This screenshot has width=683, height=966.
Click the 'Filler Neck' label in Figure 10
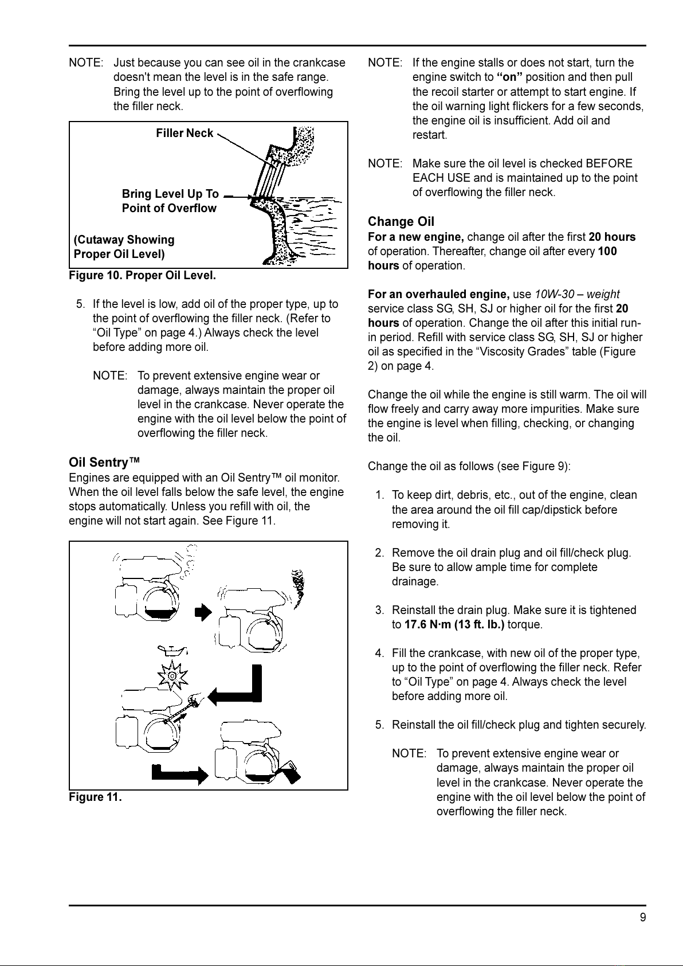pyautogui.click(x=185, y=134)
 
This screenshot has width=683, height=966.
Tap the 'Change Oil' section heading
pyautogui.click(x=401, y=222)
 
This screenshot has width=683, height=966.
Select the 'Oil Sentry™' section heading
pyautogui.click(x=105, y=463)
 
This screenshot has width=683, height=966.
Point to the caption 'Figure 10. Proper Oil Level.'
pyautogui.click(x=142, y=276)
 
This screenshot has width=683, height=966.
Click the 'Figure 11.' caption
pyautogui.click(x=95, y=797)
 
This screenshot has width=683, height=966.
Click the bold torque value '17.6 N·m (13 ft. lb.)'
pyautogui.click(x=454, y=625)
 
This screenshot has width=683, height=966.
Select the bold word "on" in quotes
pyautogui.click(x=509, y=77)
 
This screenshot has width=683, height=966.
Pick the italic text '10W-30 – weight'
pyautogui.click(x=577, y=295)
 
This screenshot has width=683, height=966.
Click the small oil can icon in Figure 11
pyautogui.click(x=172, y=650)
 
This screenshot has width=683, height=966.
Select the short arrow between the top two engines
pyautogui.click(x=203, y=612)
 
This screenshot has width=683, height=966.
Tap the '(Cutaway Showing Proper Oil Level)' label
pyautogui.click(x=124, y=247)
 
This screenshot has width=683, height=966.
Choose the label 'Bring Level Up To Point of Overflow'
pyautogui.click(x=170, y=201)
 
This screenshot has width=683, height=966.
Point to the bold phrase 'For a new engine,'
pyautogui.click(x=416, y=237)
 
